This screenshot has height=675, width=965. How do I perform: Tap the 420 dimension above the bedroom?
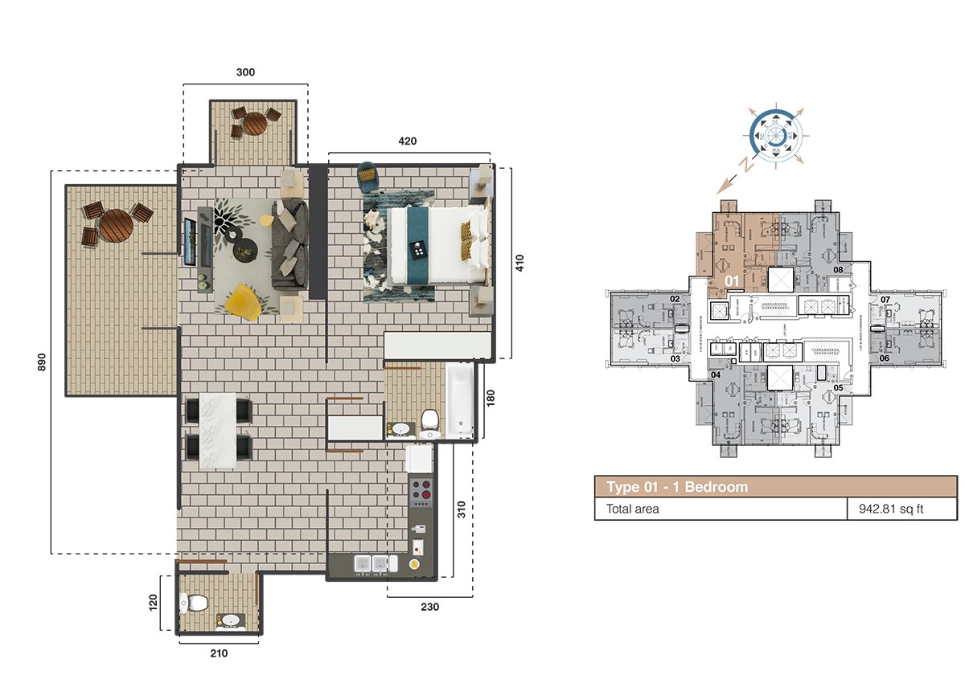(x=408, y=141)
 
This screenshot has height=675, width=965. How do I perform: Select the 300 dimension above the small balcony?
(x=245, y=72)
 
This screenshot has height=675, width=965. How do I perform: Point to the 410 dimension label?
(x=519, y=264)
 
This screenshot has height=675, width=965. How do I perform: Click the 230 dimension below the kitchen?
(x=429, y=607)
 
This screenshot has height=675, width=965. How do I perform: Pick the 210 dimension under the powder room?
(x=219, y=652)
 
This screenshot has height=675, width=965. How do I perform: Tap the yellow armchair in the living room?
(x=242, y=301)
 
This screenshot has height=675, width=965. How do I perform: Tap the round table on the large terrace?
(x=116, y=225)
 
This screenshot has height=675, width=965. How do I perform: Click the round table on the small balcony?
(x=255, y=123)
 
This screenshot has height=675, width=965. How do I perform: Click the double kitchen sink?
(x=372, y=565)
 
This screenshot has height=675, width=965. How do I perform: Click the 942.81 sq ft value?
(x=881, y=509)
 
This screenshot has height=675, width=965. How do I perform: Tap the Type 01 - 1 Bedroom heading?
(x=677, y=487)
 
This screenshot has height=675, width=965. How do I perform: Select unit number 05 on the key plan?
(x=838, y=387)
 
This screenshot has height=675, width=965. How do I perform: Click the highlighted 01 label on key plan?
(x=732, y=280)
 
